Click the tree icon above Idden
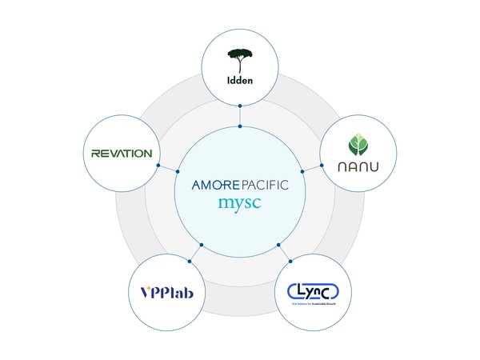240,58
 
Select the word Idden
240,79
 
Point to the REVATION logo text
122,153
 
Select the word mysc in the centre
240,202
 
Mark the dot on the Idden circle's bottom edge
240,106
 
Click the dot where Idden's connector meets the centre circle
240,126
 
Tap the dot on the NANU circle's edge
322,166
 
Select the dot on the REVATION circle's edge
158,166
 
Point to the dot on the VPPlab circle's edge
190,262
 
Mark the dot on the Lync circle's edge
290,262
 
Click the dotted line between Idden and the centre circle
240,116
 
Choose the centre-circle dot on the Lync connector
278,244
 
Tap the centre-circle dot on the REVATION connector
178,170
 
